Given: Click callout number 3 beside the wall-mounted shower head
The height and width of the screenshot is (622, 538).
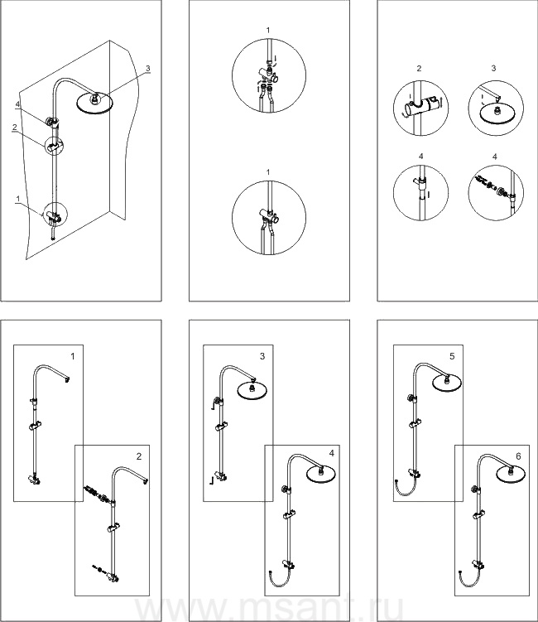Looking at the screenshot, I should click(148, 68).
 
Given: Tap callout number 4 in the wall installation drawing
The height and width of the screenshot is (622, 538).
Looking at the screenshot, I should click(17, 104).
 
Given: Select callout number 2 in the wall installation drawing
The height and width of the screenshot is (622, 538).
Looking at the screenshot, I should click(15, 128).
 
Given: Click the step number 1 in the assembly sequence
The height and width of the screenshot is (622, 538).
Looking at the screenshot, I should click(73, 356).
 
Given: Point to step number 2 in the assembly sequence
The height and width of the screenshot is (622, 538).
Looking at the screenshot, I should click(138, 456).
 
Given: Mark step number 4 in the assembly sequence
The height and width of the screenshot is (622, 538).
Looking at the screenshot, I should click(331, 453).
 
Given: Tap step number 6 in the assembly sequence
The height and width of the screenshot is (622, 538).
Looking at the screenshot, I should click(517, 456).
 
